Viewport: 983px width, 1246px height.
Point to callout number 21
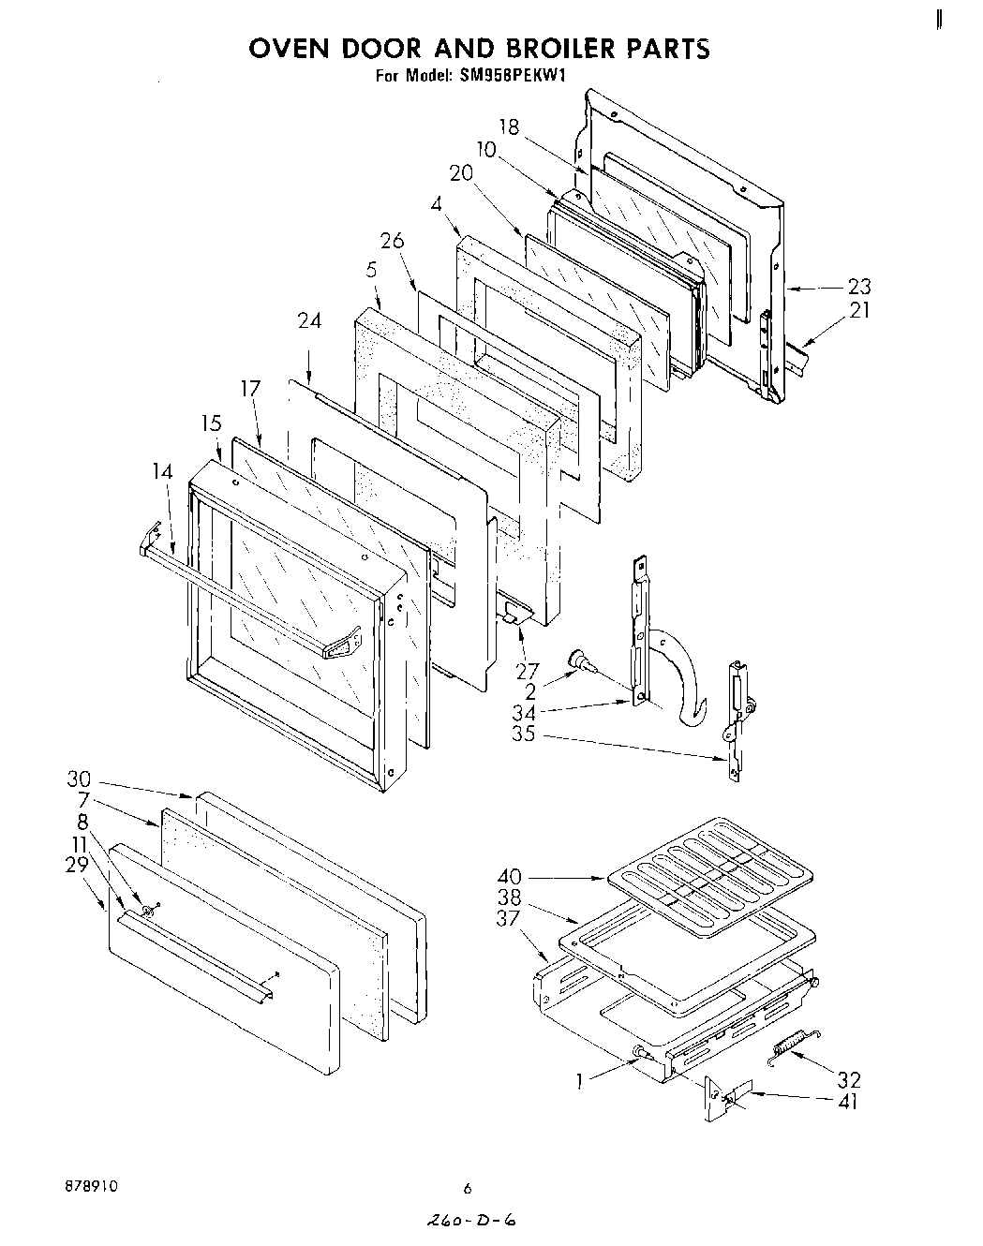[x=859, y=309]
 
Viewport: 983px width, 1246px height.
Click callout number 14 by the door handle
[x=162, y=471]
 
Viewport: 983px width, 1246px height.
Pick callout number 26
[x=392, y=241]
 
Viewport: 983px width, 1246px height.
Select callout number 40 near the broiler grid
[x=510, y=877]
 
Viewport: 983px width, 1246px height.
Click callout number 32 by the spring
[x=849, y=1080]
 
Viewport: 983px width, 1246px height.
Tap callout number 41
[x=847, y=1102]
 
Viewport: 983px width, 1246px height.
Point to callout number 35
[x=523, y=734]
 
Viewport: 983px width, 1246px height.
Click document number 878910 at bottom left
[x=91, y=1185]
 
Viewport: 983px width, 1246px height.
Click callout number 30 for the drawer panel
[x=80, y=779]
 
